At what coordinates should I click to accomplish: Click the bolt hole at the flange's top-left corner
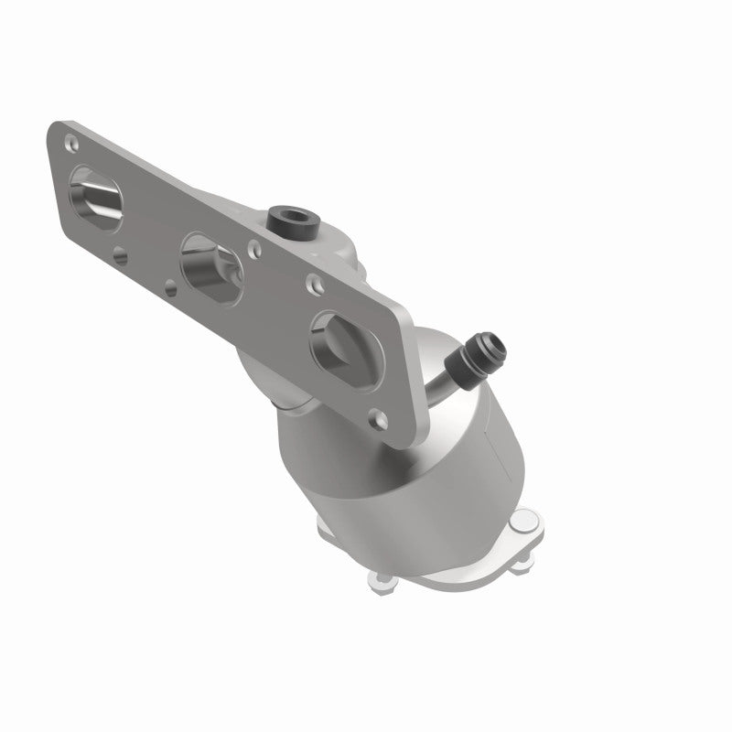point(70,142)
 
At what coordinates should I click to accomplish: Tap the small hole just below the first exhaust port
point(121,257)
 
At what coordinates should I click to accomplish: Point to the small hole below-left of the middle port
point(171,289)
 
